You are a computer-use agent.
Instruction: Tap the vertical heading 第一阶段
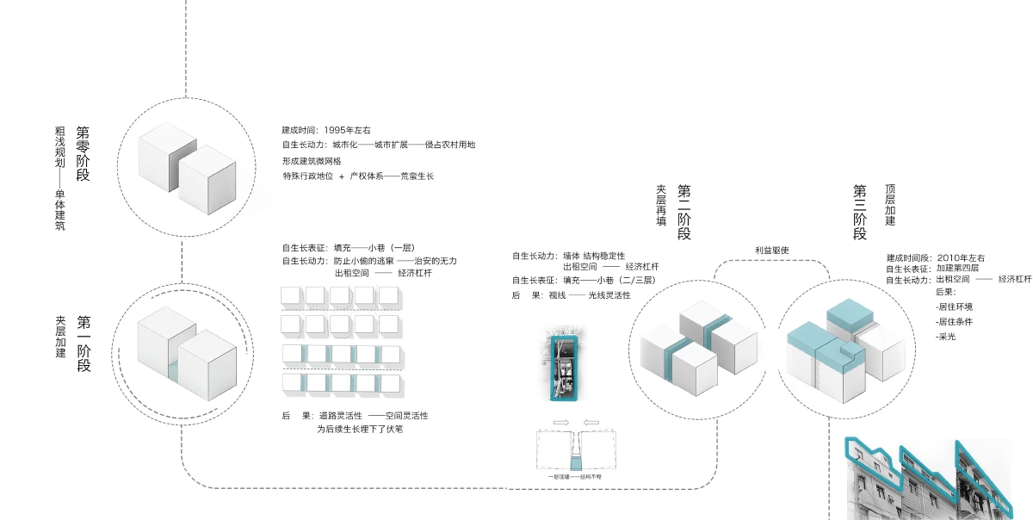click(84, 344)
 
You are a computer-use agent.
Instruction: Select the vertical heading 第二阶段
click(685, 212)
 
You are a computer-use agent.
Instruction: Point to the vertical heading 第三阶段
click(860, 212)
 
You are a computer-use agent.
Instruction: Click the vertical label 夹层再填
click(661, 205)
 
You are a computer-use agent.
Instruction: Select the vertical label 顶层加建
click(890, 205)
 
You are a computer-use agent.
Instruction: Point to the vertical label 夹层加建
click(60, 337)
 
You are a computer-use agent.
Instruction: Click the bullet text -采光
click(946, 336)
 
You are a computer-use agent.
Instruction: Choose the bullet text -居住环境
click(955, 306)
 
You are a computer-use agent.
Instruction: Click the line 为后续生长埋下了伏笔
click(360, 429)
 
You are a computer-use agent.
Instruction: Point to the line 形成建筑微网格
click(312, 161)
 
